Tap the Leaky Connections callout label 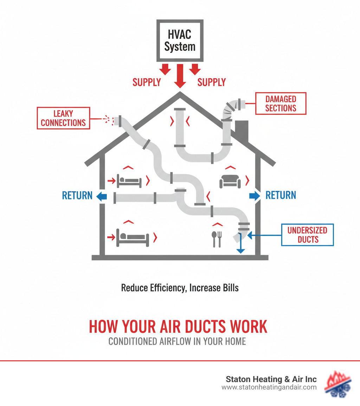coord(63,118)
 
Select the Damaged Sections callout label coord(281,103)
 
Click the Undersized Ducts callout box coord(308,235)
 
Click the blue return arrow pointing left coord(102,196)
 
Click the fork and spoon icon coord(216,239)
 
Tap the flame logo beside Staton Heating coord(338,383)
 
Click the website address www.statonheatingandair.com coord(269,387)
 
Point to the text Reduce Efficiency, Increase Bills coord(180,287)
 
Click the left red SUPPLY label coord(147,82)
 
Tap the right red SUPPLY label coord(211,82)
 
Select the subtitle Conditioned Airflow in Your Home coord(177,342)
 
